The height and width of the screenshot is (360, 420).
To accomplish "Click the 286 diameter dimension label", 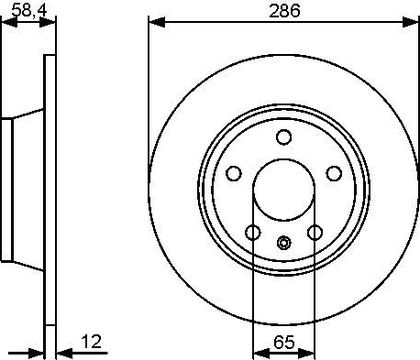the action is (285, 10).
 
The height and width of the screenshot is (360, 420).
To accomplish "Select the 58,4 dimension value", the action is (29, 10).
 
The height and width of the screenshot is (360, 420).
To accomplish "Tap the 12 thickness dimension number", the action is (91, 342).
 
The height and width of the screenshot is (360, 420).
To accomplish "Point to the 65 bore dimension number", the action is (284, 342).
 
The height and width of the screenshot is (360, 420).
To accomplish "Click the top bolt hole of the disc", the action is (284, 137).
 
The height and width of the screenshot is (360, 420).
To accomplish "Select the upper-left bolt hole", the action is (234, 173).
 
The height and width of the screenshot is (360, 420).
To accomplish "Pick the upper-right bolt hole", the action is (334, 173).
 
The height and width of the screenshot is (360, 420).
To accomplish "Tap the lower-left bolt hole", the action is (253, 232).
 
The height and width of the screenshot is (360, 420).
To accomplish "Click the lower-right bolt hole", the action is (315, 232).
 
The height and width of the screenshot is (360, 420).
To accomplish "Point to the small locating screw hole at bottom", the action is (284, 243).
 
